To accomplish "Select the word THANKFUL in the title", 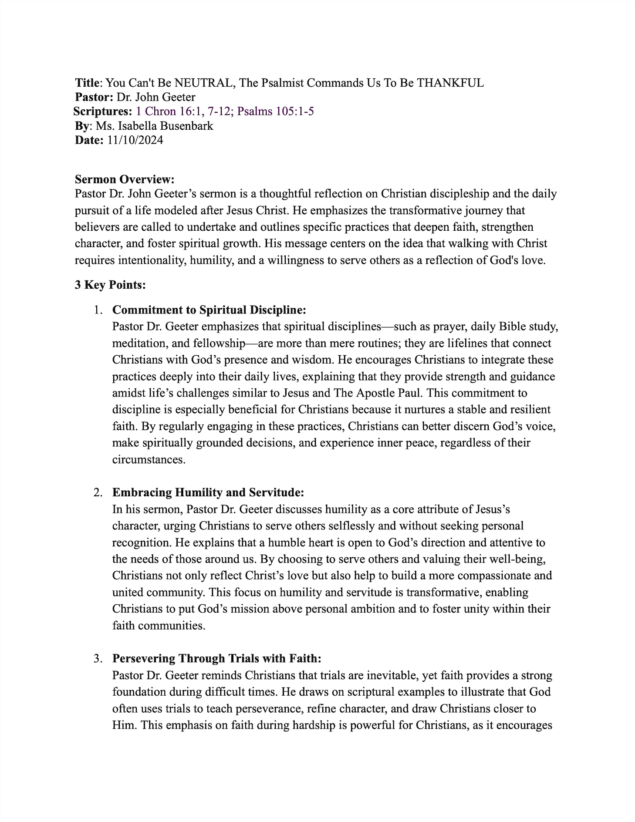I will click(450, 83).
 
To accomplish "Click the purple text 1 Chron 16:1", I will click(164, 111).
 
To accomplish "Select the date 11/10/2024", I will click(135, 140).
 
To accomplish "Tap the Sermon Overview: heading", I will click(125, 179).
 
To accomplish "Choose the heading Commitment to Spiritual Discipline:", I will click(209, 310).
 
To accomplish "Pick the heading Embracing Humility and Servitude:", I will click(208, 492).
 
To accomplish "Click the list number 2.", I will click(98, 492).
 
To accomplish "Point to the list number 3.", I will click(98, 658).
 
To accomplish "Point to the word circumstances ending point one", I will click(149, 459).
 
